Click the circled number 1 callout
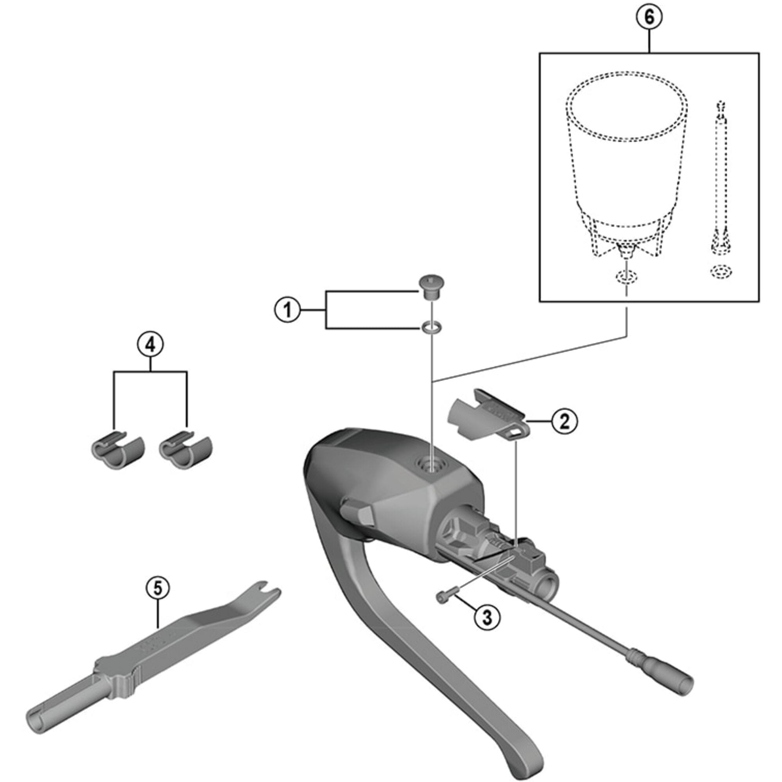click(287, 310)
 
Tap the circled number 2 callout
click(565, 421)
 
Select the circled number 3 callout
click(487, 617)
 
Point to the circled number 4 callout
click(150, 345)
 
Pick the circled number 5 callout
click(158, 588)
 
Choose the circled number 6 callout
click(649, 18)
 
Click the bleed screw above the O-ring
click(431, 287)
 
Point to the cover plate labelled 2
click(486, 417)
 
